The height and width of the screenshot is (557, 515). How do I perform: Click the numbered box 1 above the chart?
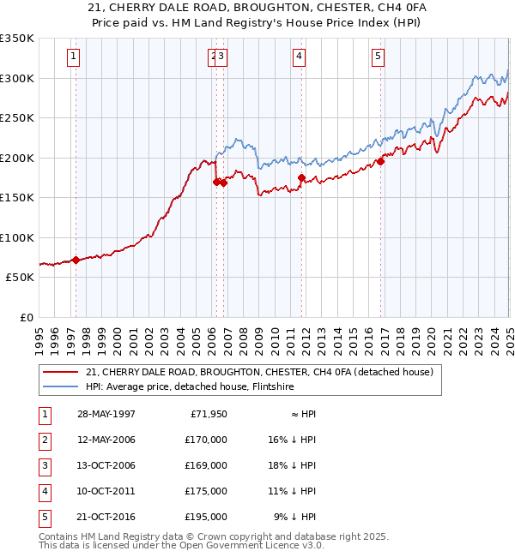pyautogui.click(x=75, y=57)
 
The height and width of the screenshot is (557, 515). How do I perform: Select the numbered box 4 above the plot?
pyautogui.click(x=300, y=57)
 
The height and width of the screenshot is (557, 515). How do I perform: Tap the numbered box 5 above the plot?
pyautogui.click(x=379, y=57)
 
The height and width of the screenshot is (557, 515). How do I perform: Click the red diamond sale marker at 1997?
pyautogui.click(x=76, y=260)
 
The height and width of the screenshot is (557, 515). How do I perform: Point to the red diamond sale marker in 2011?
pyautogui.click(x=301, y=178)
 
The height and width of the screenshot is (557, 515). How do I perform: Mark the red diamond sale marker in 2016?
pyautogui.click(x=380, y=162)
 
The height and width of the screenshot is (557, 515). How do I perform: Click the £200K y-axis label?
pyautogui.click(x=17, y=158)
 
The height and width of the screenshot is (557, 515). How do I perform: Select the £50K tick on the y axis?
pyautogui.click(x=21, y=278)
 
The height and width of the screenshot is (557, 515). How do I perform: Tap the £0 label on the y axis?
pyautogui.click(x=27, y=317)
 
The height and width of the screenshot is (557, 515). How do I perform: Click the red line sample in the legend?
pyautogui.click(x=60, y=373)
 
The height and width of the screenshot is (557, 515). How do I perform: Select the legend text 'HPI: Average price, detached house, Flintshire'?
pyautogui.click(x=190, y=387)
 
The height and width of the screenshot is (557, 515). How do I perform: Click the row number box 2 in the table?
pyautogui.click(x=43, y=440)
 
